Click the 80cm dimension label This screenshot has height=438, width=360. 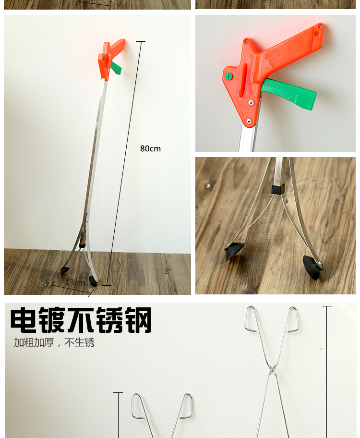(150, 148)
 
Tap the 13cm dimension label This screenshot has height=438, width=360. (75, 282)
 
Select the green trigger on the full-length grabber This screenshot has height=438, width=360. (116, 68)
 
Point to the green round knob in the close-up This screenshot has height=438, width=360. (229, 76)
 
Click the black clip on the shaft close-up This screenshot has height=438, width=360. (278, 189)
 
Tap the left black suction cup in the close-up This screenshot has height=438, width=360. (234, 251)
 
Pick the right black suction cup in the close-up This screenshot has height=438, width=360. (312, 268)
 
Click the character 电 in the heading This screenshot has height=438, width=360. (24, 320)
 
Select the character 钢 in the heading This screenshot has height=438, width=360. (138, 320)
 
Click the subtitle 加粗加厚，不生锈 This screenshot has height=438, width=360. (54, 342)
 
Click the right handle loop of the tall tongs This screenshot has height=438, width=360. (293, 319)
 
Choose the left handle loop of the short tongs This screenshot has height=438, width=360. (138, 406)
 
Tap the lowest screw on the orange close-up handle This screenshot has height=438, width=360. (249, 121)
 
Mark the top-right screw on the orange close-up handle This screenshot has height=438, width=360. (320, 26)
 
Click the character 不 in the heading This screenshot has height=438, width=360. (81, 320)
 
